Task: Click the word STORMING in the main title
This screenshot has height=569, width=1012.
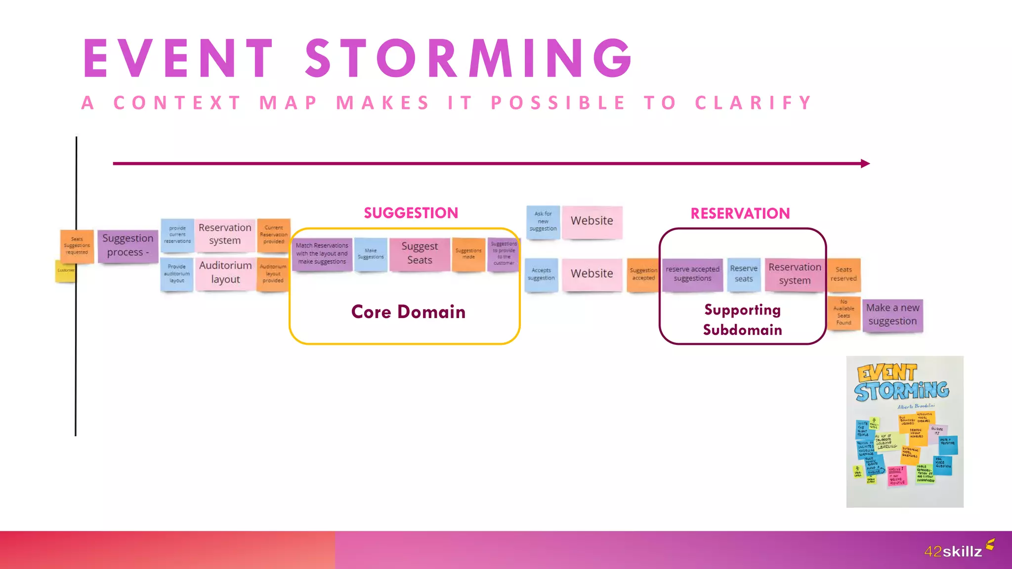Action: point(468,59)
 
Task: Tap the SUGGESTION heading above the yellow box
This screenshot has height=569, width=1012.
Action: point(411,213)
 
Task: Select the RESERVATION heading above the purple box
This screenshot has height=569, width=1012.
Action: point(740,213)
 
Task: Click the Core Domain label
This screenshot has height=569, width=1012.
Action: point(408,312)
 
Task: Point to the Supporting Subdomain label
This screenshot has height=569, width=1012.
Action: point(742,320)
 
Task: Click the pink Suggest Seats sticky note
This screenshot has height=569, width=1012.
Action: point(420,253)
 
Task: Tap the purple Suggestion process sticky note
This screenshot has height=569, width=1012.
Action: point(127,245)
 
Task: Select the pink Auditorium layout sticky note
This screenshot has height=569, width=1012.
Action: point(225,272)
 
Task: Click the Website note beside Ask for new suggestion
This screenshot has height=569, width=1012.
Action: point(591,221)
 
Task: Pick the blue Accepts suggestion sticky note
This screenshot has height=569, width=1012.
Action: point(541,274)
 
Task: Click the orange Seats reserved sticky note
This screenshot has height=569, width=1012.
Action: point(843,274)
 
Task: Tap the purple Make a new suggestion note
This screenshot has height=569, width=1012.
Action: point(892,315)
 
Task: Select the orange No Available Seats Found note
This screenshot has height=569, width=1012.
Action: point(843,313)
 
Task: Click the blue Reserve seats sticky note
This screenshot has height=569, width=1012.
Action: point(744,274)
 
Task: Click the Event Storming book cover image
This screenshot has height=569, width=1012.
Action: point(904,431)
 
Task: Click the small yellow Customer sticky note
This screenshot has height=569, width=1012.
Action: point(65,271)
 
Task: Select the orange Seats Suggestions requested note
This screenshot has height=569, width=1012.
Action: point(77,245)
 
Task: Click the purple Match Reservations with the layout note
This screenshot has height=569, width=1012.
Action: point(322,253)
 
